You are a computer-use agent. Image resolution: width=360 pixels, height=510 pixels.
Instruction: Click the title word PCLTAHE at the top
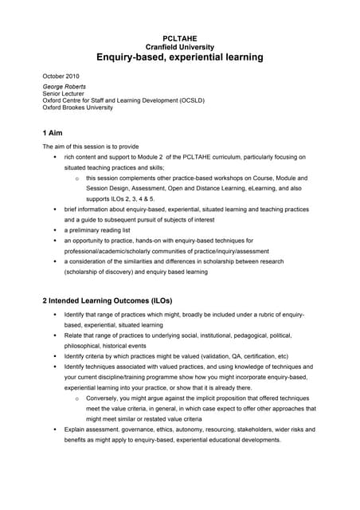[179, 37]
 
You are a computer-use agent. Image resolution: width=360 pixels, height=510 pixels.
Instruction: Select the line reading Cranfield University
[179, 47]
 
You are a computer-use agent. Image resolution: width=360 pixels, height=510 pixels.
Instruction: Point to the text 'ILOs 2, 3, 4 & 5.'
[121, 198]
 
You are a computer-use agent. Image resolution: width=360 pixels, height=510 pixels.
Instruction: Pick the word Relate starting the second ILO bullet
[74, 335]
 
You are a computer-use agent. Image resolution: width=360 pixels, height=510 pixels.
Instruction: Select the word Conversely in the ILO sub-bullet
[104, 398]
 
